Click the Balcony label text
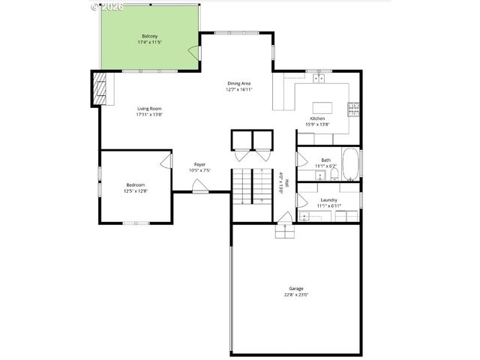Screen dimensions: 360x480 pyautogui.click(x=149, y=36)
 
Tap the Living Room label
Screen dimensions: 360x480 pyautogui.click(x=149, y=109)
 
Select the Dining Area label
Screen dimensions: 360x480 pyautogui.click(x=239, y=83)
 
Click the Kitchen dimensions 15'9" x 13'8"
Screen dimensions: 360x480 pyautogui.click(x=318, y=125)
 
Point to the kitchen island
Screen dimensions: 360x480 pyautogui.click(x=322, y=107)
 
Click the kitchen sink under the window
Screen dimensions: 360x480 pyautogui.click(x=319, y=77)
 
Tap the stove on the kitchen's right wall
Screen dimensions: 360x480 pyautogui.click(x=352, y=109)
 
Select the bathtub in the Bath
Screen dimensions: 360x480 pyautogui.click(x=352, y=163)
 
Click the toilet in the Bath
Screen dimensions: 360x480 pyautogui.click(x=334, y=174)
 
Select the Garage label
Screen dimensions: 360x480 pyautogui.click(x=296, y=288)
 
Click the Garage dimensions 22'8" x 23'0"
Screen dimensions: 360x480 pyautogui.click(x=296, y=294)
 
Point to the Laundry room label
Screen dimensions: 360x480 pyautogui.click(x=328, y=199)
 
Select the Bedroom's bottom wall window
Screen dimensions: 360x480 pyautogui.click(x=136, y=223)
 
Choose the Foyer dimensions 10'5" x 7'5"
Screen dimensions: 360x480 pyautogui.click(x=200, y=170)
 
